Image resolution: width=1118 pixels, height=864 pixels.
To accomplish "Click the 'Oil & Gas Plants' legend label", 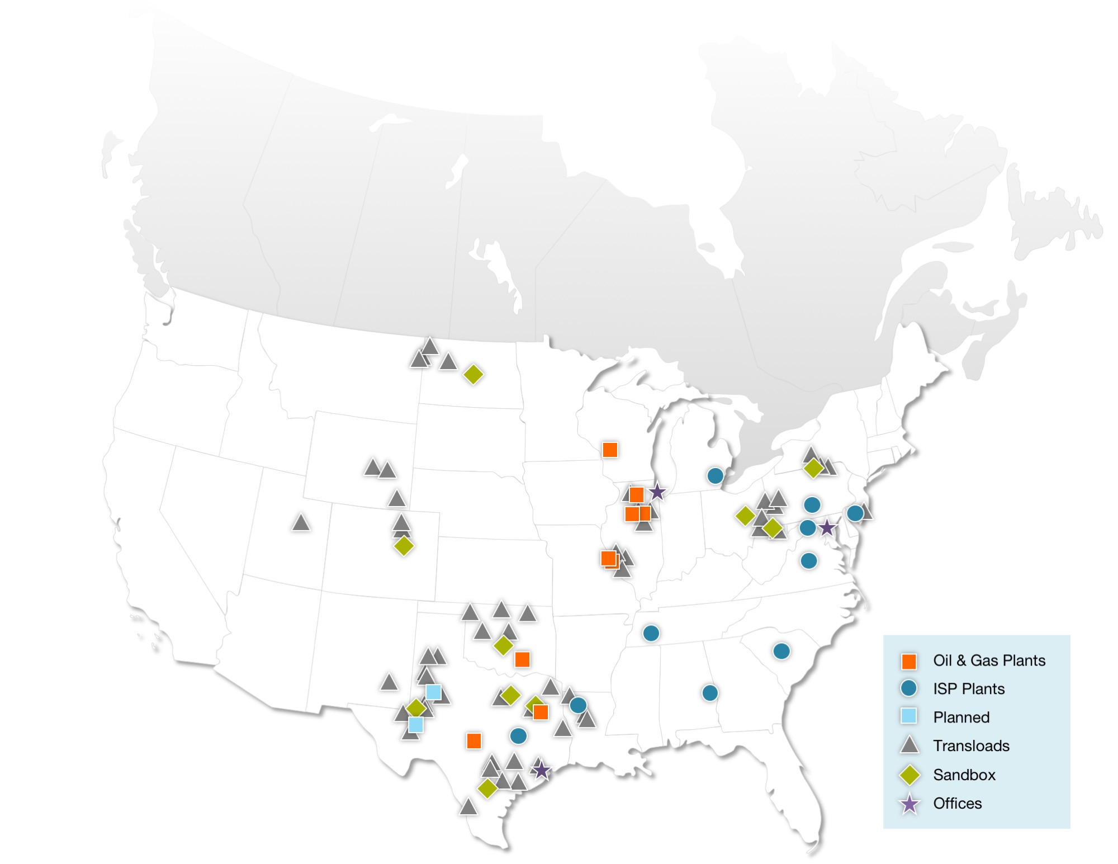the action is click(989, 660).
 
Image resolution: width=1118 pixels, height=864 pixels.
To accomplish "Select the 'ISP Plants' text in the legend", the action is click(969, 689).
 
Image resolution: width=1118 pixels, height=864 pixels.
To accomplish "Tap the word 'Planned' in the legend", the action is click(961, 717).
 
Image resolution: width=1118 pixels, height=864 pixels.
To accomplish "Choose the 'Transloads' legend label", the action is click(971, 746).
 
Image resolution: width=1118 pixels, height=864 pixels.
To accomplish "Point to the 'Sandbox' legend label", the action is click(964, 775).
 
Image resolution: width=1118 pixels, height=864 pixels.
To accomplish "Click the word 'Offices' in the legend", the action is click(957, 804).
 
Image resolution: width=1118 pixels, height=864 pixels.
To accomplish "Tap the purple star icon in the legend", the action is click(909, 804).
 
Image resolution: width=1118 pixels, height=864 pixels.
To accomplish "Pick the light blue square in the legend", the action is click(909, 716).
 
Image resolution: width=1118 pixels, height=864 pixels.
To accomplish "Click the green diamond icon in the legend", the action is click(909, 775).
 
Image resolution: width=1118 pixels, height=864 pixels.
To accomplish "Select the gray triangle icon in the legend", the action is click(909, 745).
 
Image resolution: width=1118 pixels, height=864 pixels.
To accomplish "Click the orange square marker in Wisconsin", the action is click(610, 450).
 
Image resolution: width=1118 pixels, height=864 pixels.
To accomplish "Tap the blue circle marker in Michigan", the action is click(715, 476).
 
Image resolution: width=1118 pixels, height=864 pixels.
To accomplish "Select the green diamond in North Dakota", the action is click(473, 375).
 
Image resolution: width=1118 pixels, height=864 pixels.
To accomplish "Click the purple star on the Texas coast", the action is click(541, 771).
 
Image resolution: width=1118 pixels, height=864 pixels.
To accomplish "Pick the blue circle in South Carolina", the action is click(781, 651).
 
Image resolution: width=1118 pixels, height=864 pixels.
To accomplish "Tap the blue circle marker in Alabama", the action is click(710, 693).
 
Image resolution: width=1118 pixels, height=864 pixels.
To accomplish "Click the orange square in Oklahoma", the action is click(522, 659).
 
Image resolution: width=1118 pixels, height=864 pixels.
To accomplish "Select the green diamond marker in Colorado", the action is click(404, 545).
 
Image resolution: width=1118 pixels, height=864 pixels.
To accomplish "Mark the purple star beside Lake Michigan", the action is click(657, 493).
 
